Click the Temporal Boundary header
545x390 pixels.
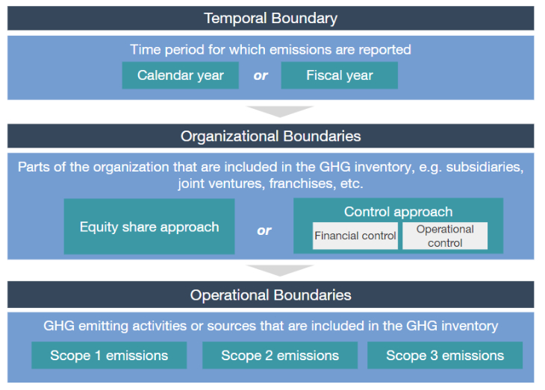[x=271, y=18]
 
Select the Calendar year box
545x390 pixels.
[x=181, y=75]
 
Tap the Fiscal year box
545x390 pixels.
[x=340, y=75]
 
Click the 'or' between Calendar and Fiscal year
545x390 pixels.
[x=261, y=75]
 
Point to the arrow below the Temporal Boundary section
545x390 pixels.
[x=280, y=111]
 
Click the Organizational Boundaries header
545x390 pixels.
[x=271, y=136]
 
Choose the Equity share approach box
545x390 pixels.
[x=149, y=227]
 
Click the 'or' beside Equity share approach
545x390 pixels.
[x=264, y=230]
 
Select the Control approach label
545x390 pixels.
[x=399, y=212]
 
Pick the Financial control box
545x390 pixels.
[x=355, y=236]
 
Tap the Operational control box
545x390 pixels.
[x=445, y=236]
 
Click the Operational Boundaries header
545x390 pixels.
[x=271, y=295]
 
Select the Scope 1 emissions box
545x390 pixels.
[x=109, y=355]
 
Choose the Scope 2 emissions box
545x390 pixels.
[x=280, y=355]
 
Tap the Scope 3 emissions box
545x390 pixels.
[x=445, y=355]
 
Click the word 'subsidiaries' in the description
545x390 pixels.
[x=485, y=167]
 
